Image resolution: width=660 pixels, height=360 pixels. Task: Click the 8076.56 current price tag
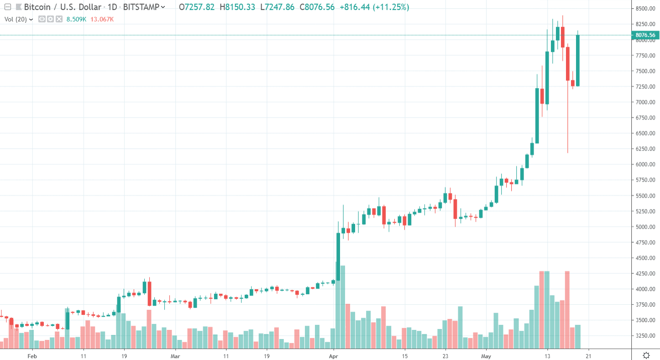tap(645, 35)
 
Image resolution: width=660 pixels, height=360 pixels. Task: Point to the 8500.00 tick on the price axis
tap(645, 9)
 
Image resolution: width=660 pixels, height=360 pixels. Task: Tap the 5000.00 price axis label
tap(645, 227)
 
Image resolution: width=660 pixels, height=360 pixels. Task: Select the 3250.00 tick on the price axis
tap(645, 336)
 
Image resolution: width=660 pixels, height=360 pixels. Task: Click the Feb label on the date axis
tap(31, 355)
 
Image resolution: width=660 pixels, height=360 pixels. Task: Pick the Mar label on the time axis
tap(175, 355)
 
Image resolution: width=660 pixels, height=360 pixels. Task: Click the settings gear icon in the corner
tap(646, 355)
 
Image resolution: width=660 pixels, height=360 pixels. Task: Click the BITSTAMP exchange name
tap(141, 7)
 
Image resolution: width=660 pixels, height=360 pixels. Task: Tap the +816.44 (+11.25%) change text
tap(374, 7)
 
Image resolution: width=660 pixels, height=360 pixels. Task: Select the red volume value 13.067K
tap(102, 19)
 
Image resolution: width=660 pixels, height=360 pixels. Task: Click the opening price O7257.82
tap(197, 7)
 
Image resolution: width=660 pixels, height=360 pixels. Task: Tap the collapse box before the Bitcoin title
tap(7, 7)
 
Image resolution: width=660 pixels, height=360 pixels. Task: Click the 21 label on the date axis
tap(588, 355)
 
